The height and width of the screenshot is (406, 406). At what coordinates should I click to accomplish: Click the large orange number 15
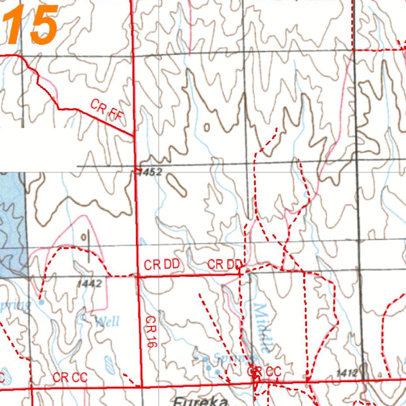pos(32,25)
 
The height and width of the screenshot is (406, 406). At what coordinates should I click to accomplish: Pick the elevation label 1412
pos(347,373)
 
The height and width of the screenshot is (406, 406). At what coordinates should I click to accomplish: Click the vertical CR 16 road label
pos(149,332)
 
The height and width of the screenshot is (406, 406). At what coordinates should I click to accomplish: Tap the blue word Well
pos(107,321)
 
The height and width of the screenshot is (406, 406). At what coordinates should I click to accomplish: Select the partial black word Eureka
pos(201,401)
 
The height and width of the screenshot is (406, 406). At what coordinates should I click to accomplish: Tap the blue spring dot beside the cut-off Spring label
pos(42,302)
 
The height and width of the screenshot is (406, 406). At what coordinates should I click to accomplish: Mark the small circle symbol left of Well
pos(84,317)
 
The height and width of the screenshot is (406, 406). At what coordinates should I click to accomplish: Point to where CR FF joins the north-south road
pos(133,136)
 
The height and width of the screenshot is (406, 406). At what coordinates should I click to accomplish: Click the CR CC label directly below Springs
pos(264,372)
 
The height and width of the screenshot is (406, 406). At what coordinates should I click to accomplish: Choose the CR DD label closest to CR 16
pos(162,264)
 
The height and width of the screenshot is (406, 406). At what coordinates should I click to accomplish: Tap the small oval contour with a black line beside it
pos(84,237)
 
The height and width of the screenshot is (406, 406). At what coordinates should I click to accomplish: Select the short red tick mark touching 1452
pos(138,170)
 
